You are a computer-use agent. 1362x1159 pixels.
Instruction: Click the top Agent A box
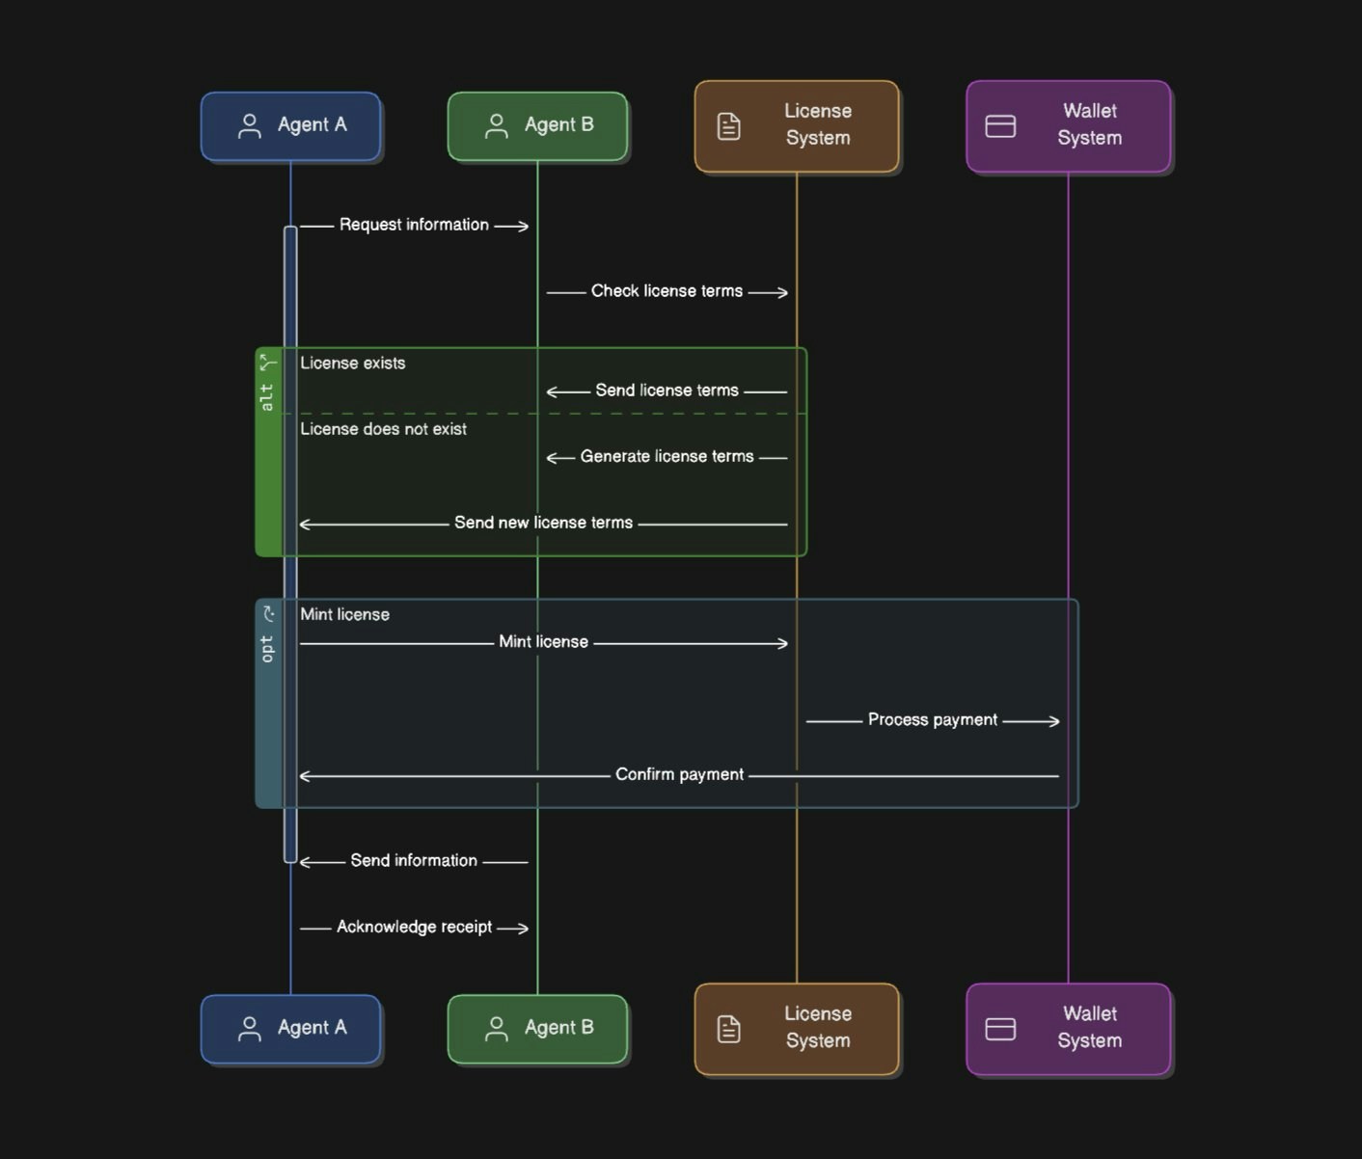[x=290, y=125]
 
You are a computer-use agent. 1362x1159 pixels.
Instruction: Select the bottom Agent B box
[x=537, y=1029]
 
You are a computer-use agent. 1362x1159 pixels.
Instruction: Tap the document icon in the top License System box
[x=728, y=126]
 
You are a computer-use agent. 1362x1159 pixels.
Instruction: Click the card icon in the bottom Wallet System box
[x=1000, y=1029]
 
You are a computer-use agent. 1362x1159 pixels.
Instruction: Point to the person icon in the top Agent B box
[x=496, y=125]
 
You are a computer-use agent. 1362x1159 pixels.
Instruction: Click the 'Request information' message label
[x=414, y=225]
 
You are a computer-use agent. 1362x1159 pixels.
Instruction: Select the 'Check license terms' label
[x=667, y=291]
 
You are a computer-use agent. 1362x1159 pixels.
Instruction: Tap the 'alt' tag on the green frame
[x=267, y=398]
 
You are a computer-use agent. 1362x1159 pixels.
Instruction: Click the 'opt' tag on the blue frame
[x=267, y=649]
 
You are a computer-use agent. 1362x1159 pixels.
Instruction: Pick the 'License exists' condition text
[x=352, y=363]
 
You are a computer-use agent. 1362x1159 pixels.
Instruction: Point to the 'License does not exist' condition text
[x=384, y=429]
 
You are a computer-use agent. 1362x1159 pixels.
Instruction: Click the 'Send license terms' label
[x=667, y=391]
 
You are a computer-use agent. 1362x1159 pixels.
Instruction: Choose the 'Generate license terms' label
[x=667, y=456]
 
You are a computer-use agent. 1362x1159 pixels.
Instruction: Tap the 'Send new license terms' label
[x=544, y=523]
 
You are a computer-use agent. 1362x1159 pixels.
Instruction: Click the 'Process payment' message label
[x=933, y=719]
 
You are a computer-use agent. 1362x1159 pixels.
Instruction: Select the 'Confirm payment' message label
[x=679, y=774]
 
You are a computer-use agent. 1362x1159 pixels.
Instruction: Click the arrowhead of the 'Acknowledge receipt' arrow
[x=525, y=929]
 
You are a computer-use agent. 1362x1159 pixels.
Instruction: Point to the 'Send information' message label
[x=414, y=861]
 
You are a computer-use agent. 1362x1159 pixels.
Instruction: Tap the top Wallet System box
[x=1068, y=126]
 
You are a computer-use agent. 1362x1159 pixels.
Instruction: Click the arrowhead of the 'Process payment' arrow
[x=1055, y=722]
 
